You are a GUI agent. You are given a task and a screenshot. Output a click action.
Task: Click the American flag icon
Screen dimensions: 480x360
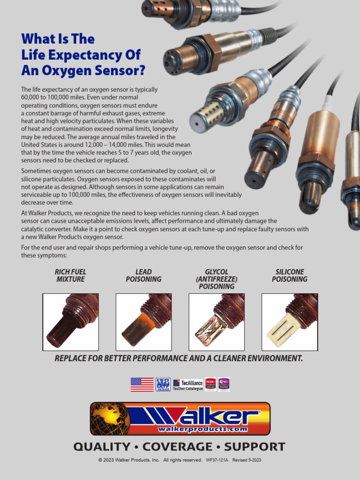pyautogui.click(x=142, y=384)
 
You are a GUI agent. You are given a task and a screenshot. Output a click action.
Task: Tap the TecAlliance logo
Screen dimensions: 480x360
pyautogui.click(x=188, y=385)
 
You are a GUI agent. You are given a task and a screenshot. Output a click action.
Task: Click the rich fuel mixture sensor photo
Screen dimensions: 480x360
pyautogui.click(x=71, y=322)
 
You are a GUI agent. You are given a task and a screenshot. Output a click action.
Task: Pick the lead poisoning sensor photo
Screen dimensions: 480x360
pyautogui.click(x=143, y=322)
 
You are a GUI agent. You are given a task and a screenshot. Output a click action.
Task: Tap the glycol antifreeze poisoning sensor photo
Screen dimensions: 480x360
pyautogui.click(x=217, y=322)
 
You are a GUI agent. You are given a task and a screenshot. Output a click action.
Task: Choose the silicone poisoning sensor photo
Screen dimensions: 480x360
pyautogui.click(x=290, y=322)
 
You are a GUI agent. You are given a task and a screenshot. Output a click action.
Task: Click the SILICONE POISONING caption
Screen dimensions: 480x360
pyautogui.click(x=290, y=276)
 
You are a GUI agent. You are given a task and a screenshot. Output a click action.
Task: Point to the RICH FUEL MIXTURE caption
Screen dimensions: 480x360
pyautogui.click(x=71, y=276)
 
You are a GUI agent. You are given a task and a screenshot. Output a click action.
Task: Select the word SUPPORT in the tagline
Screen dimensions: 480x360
pyautogui.click(x=255, y=447)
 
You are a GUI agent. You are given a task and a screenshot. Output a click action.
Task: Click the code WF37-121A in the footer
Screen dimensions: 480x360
pyautogui.click(x=217, y=460)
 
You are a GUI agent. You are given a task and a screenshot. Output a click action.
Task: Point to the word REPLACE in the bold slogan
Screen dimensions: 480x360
pyautogui.click(x=73, y=359)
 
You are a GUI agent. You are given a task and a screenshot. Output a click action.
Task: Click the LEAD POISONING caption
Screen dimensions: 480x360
pyautogui.click(x=143, y=276)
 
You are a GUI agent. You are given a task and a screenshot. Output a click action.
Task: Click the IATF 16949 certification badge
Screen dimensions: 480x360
pyautogui.click(x=163, y=384)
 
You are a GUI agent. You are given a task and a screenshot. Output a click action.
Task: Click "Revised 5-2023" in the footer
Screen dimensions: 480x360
pyautogui.click(x=247, y=460)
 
